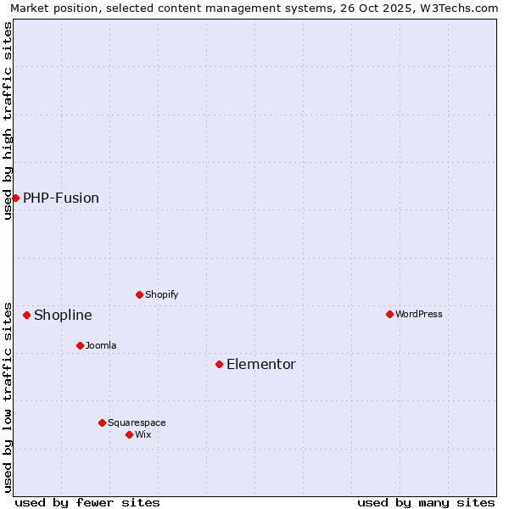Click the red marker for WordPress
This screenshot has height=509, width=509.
click(389, 314)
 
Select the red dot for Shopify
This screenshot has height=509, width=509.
click(139, 294)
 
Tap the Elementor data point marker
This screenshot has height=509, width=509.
click(219, 364)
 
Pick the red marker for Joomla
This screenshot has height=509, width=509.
click(80, 345)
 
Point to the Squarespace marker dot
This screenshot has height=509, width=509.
click(102, 422)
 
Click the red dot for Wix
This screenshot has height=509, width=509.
click(129, 434)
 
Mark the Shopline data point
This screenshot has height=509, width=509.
click(26, 315)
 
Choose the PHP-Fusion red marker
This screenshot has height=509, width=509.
click(15, 198)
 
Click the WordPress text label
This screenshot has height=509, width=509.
click(419, 314)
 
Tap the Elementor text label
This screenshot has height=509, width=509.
click(261, 364)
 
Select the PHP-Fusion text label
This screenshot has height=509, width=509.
click(61, 198)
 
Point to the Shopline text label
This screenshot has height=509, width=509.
click(63, 315)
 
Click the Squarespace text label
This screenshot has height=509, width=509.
click(137, 422)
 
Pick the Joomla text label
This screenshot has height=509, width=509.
click(101, 345)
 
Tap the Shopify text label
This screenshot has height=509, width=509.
click(161, 294)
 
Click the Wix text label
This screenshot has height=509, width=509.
click(143, 434)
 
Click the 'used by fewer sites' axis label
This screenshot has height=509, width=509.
click(87, 502)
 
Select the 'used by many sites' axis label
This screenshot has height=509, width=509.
click(426, 502)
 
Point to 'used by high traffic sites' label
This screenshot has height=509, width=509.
click(8, 120)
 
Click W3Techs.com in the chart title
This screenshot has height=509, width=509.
click(456, 8)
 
